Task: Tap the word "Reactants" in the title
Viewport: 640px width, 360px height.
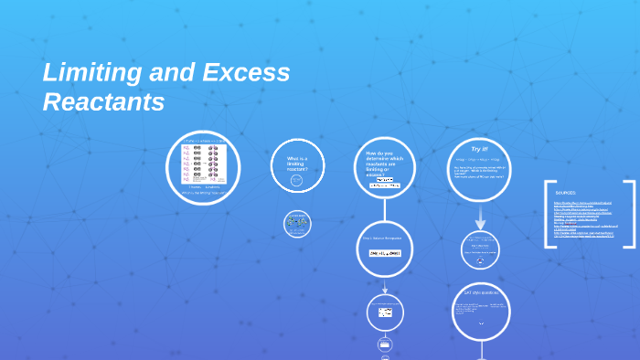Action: (x=103, y=102)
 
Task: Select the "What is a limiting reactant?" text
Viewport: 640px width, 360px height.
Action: (x=297, y=164)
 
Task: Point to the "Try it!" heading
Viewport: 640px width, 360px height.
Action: (x=480, y=148)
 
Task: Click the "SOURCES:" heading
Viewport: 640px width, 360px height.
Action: (x=566, y=193)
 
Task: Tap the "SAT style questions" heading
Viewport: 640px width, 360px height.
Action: (x=479, y=292)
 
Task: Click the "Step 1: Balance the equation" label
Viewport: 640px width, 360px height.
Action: (x=381, y=238)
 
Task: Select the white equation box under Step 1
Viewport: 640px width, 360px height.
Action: (x=385, y=253)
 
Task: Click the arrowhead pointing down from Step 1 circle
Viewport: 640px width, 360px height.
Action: (x=385, y=291)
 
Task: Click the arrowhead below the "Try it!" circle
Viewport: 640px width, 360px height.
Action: (x=480, y=225)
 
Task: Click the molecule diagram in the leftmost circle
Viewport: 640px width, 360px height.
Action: (x=202, y=164)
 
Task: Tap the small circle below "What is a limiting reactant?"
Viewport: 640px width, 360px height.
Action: (x=297, y=224)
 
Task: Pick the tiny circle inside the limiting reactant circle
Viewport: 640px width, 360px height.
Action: (x=296, y=181)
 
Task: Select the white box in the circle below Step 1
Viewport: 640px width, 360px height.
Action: (x=385, y=312)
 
